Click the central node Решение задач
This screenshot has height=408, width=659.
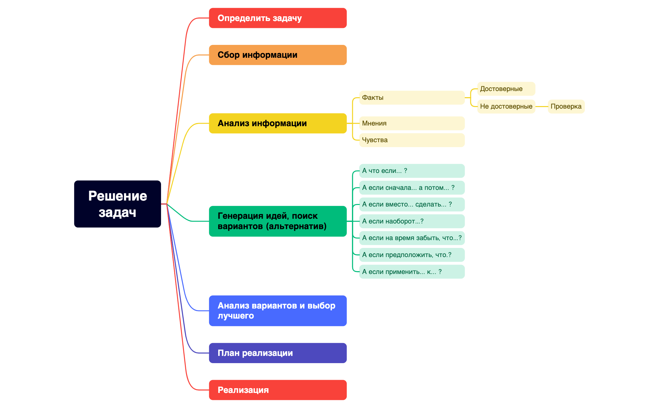pos(117,204)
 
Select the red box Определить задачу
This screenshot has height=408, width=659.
pos(278,18)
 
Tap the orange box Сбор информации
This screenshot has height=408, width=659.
pos(278,55)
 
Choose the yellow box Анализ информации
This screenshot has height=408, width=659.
pos(278,123)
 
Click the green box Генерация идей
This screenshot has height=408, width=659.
pos(278,221)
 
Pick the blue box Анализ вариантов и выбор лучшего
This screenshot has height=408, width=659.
pos(278,311)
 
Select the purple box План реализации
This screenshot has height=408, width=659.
pos(278,353)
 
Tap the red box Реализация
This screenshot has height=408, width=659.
pos(278,390)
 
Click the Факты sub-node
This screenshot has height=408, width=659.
pos(412,98)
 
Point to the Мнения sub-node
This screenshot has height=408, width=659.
pos(412,123)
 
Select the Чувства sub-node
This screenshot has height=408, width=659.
pos(412,140)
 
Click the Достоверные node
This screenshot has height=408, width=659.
pos(506,89)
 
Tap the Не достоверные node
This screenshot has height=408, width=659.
pos(506,106)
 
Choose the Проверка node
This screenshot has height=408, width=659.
pos(566,106)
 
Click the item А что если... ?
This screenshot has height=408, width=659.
pos(412,171)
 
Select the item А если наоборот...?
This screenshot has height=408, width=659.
pos(412,221)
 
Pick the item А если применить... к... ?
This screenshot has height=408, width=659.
pos(412,272)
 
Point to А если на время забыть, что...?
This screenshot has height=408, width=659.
pos(412,238)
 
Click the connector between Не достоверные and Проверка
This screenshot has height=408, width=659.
pos(542,106)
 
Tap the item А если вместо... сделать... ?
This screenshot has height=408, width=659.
pos(412,204)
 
